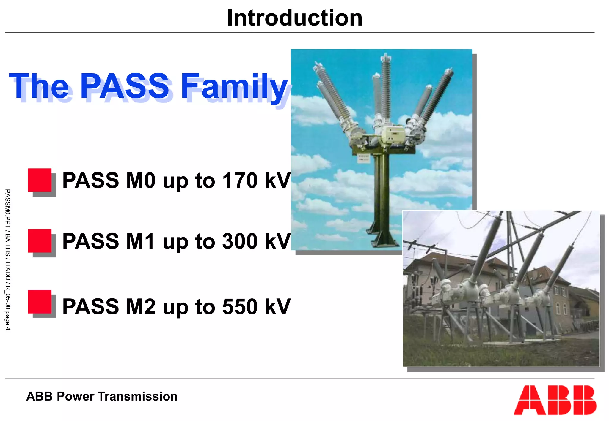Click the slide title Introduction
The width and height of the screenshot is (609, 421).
[294, 18]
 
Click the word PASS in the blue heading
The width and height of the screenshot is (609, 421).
[125, 86]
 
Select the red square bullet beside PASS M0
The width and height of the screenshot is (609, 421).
[40, 180]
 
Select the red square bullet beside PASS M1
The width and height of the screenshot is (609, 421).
[40, 241]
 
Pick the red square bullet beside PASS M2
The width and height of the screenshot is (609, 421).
[40, 302]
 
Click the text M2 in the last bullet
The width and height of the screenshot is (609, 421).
[141, 306]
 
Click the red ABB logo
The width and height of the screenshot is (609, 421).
[555, 400]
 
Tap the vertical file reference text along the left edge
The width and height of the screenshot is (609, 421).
[8, 260]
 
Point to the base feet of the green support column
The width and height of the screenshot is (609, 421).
[382, 239]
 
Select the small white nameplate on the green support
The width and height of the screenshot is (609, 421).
[363, 158]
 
